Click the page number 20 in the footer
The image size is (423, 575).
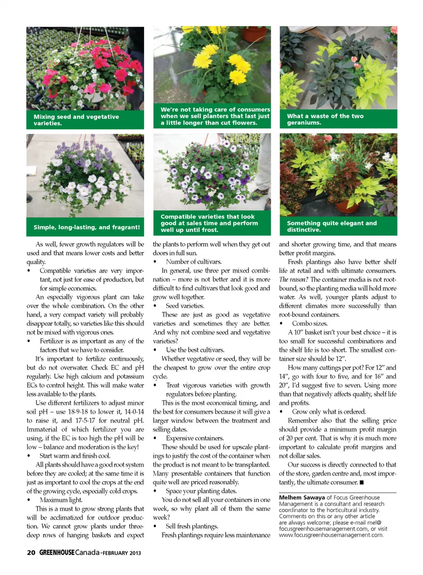click(31, 553)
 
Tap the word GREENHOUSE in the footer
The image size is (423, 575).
click(57, 553)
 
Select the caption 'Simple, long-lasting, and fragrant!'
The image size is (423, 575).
click(86, 227)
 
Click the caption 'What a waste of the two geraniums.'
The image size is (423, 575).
click(325, 119)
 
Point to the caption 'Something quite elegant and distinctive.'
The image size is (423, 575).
click(332, 226)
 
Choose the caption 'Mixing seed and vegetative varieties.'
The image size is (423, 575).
click(76, 120)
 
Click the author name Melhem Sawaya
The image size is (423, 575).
click(302, 498)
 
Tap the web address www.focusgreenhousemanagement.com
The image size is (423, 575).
click(331, 535)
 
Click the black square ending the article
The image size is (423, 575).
click(362, 483)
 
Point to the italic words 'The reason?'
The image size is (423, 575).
click(293, 280)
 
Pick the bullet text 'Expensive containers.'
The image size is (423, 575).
click(195, 438)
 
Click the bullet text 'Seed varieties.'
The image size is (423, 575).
click(185, 306)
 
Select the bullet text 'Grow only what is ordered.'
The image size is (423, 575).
click(329, 412)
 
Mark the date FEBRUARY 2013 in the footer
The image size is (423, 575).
click(122, 553)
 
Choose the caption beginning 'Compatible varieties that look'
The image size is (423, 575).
click(209, 223)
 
